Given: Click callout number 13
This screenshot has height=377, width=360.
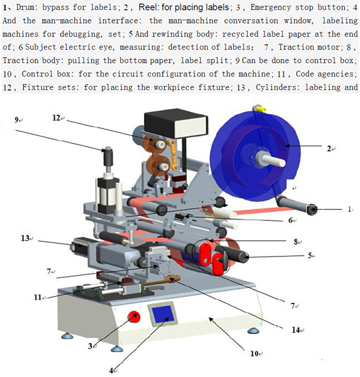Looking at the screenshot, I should pos(25,239).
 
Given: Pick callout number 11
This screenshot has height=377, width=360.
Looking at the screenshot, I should pos(38,297).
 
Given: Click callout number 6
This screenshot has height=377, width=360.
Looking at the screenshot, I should pos(291,221).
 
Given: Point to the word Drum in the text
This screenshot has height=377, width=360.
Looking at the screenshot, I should pos(26,7).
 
